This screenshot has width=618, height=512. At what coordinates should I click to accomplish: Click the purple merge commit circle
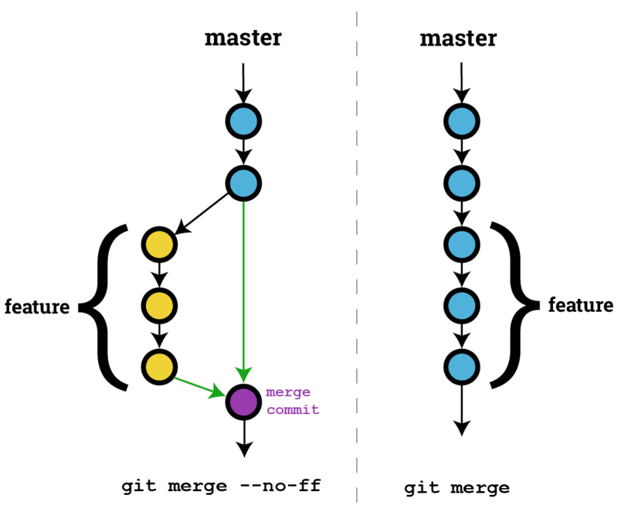point(244,402)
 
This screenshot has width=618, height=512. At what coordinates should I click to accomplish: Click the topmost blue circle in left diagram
point(244,121)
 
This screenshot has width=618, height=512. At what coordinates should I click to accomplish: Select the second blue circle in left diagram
point(244,183)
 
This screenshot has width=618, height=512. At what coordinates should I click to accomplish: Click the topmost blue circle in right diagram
point(461,121)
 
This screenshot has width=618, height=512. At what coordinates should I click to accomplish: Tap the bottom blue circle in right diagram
point(461,365)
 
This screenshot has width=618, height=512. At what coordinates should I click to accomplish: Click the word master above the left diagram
point(243,38)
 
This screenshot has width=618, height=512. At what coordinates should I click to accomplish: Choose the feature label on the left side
point(37,307)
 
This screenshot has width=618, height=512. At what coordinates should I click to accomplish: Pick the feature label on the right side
point(581,305)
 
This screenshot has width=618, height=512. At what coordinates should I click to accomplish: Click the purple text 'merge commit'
point(292,400)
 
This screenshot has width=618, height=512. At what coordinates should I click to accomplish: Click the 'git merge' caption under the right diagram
point(457,488)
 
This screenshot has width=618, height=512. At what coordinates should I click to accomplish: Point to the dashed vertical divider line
point(356,255)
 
